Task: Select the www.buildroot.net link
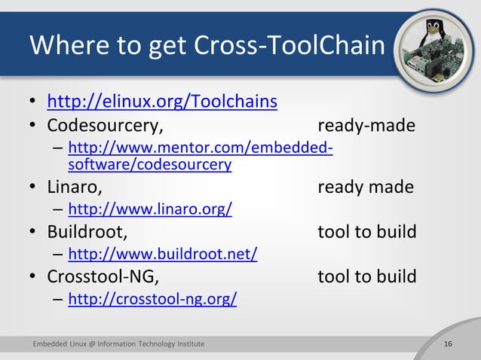[162, 255]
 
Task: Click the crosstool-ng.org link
[152, 300]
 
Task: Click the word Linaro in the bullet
[75, 186]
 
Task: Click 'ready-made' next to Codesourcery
[366, 125]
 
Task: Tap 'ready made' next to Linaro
[366, 186]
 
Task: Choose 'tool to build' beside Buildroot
[367, 232]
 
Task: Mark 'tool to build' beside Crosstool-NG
[367, 277]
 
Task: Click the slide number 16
[449, 344]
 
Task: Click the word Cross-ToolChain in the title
[290, 47]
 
